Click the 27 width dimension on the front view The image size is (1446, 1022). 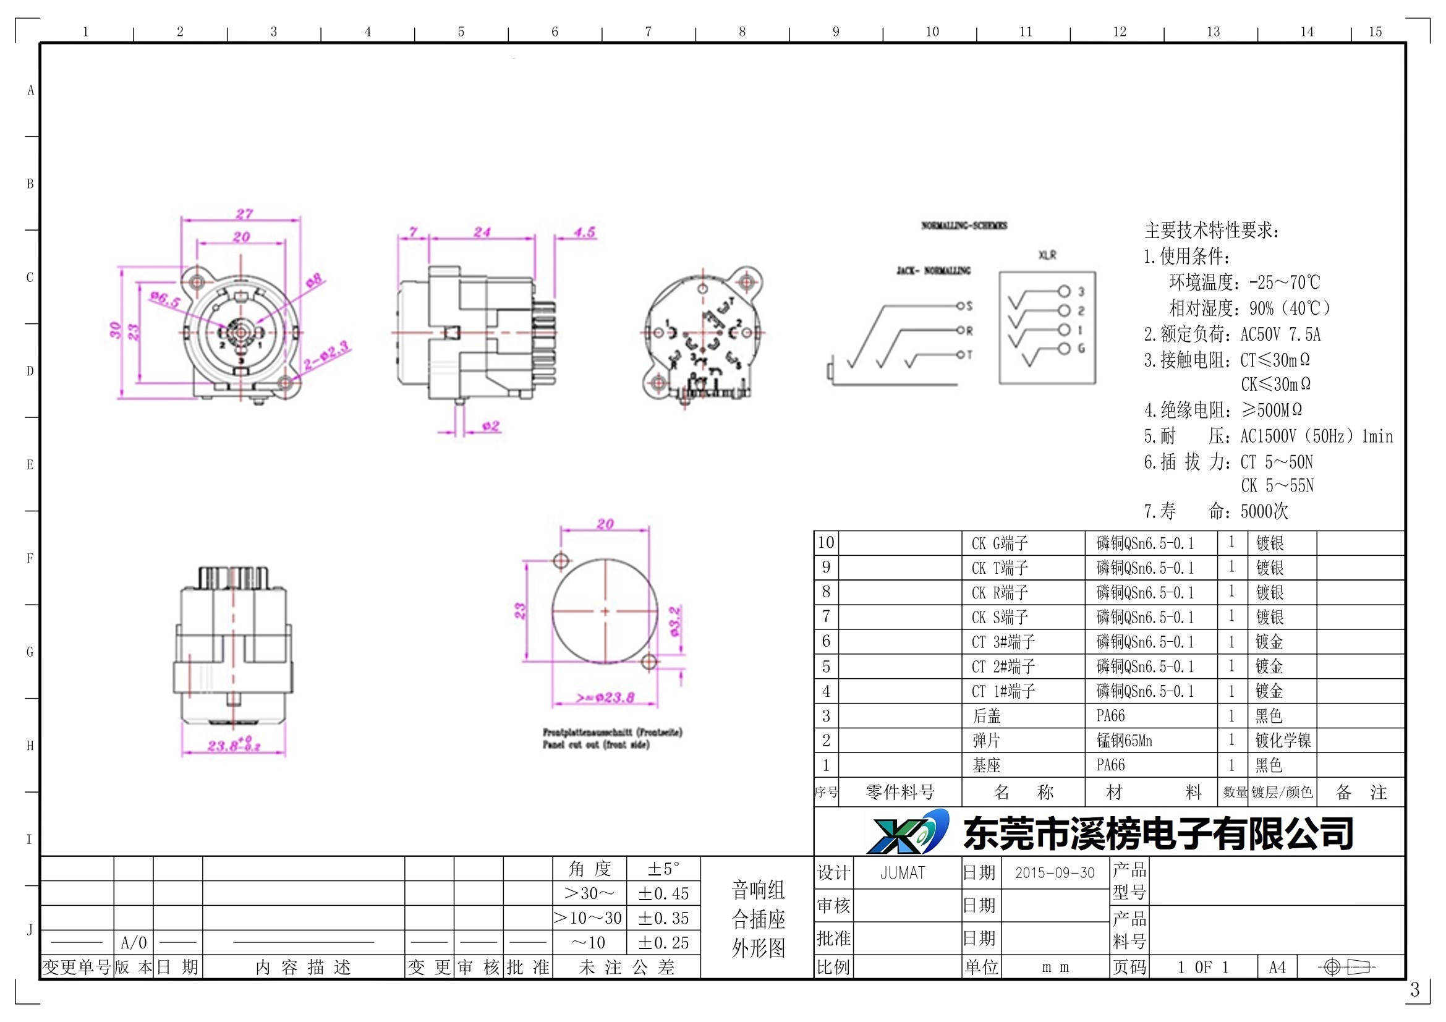tap(244, 214)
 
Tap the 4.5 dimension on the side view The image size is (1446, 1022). tap(584, 232)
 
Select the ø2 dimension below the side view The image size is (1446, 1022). tap(491, 427)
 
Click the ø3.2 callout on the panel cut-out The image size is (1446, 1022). tap(674, 621)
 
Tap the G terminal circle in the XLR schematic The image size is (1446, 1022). tap(1064, 349)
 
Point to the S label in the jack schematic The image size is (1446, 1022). tap(969, 306)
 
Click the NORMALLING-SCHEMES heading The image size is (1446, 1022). tap(964, 226)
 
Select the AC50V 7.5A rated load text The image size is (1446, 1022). tap(1280, 334)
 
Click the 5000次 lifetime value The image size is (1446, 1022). tap(1264, 511)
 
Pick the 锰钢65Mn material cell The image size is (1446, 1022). tap(1124, 741)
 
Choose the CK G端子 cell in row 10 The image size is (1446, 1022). tap(1000, 543)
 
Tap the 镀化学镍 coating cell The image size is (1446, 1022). tap(1282, 741)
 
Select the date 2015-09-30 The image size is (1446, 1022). tap(1055, 873)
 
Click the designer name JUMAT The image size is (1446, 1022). tap(902, 873)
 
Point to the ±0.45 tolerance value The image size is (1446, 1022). tap(663, 893)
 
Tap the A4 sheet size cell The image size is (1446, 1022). tap(1277, 967)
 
